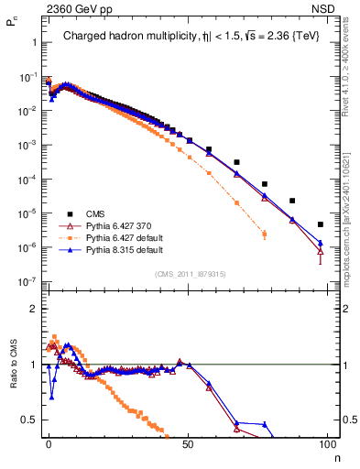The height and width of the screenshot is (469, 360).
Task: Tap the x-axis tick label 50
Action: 188,444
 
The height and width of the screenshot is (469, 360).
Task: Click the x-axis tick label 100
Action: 326,444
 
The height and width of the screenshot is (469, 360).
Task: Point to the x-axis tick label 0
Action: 49,444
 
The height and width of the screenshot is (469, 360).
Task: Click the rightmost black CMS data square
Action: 320,224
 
